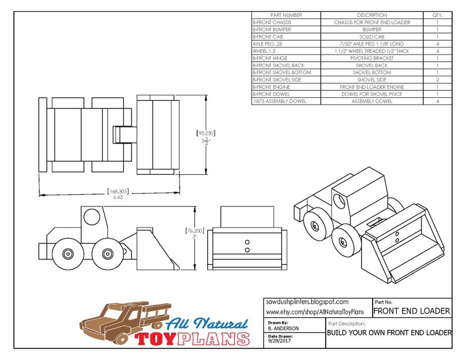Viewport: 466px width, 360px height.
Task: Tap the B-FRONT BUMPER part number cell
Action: point(272,29)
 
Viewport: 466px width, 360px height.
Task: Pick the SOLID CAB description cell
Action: point(372,36)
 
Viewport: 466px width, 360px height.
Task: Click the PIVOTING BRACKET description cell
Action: point(372,58)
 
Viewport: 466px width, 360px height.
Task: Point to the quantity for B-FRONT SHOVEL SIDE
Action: point(437,80)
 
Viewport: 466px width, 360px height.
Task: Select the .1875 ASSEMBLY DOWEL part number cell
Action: point(279,101)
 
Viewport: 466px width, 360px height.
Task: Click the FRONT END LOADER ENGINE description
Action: point(372,87)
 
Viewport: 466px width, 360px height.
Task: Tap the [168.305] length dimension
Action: point(118,191)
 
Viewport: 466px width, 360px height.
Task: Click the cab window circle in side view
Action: point(92,216)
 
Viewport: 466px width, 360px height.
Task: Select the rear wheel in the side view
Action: point(66,254)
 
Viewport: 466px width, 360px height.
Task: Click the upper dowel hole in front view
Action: point(246,242)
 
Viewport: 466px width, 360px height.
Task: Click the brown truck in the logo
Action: point(120,321)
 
